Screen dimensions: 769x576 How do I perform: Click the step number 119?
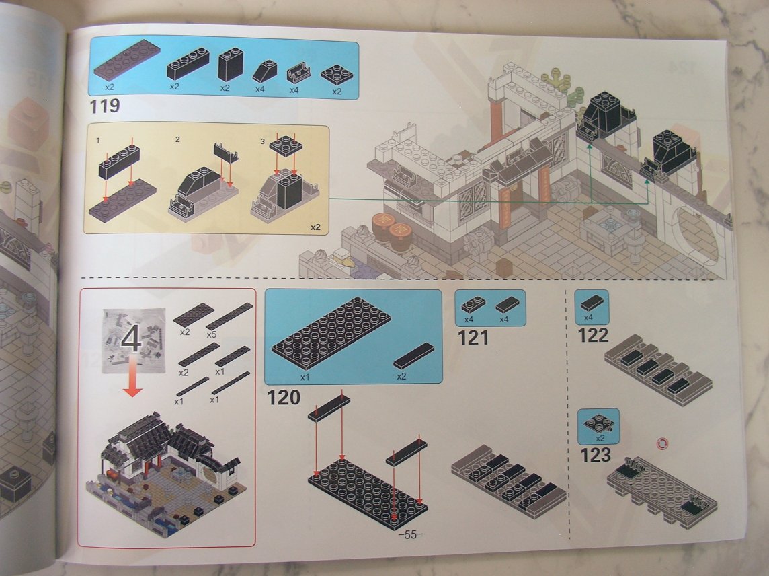tap(104, 106)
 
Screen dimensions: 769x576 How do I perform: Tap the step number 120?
tap(284, 397)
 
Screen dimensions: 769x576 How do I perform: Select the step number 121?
tap(473, 338)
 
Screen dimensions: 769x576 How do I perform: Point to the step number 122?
tap(593, 336)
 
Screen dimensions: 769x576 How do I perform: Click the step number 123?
tap(596, 455)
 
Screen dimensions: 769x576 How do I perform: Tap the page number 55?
tap(411, 535)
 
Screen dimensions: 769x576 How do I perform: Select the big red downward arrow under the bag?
tap(132, 377)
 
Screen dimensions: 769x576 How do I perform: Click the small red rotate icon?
tap(663, 444)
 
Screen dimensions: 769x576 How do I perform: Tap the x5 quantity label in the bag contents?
tap(211, 335)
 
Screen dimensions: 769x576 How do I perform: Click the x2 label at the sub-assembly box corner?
tap(315, 227)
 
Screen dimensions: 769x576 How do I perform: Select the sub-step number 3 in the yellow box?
tap(262, 141)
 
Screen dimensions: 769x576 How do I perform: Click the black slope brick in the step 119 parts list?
tap(264, 72)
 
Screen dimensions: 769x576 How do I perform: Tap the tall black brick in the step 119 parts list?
tap(230, 65)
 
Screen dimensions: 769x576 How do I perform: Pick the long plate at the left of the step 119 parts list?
tap(126, 59)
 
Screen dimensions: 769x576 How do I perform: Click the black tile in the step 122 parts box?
tap(592, 303)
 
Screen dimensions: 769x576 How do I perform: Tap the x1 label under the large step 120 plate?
tap(305, 377)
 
